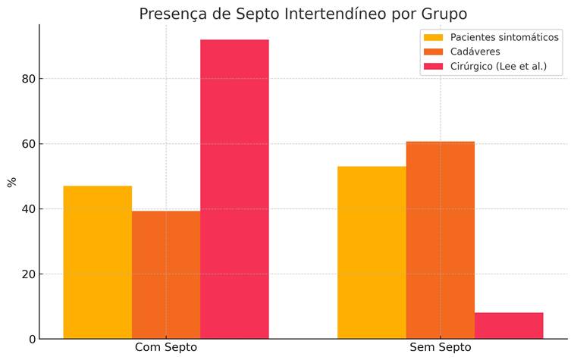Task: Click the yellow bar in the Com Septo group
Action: (97, 262)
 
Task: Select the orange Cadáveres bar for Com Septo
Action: (166, 274)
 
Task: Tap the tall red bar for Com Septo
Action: (234, 189)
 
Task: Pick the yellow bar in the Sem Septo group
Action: (372, 252)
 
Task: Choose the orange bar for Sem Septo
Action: (440, 239)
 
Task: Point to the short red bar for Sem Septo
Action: (509, 325)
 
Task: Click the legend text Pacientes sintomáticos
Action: (504, 36)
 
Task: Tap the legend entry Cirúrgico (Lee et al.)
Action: (497, 67)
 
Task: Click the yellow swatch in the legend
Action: (433, 36)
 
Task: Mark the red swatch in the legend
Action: (433, 67)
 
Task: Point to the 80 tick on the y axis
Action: (27, 79)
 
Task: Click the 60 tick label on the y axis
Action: (27, 144)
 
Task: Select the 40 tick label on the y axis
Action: (27, 209)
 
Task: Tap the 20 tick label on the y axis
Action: (27, 274)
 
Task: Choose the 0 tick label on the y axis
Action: (31, 339)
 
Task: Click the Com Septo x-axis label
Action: (166, 348)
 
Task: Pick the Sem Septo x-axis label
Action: (441, 348)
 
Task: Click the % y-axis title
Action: (11, 182)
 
